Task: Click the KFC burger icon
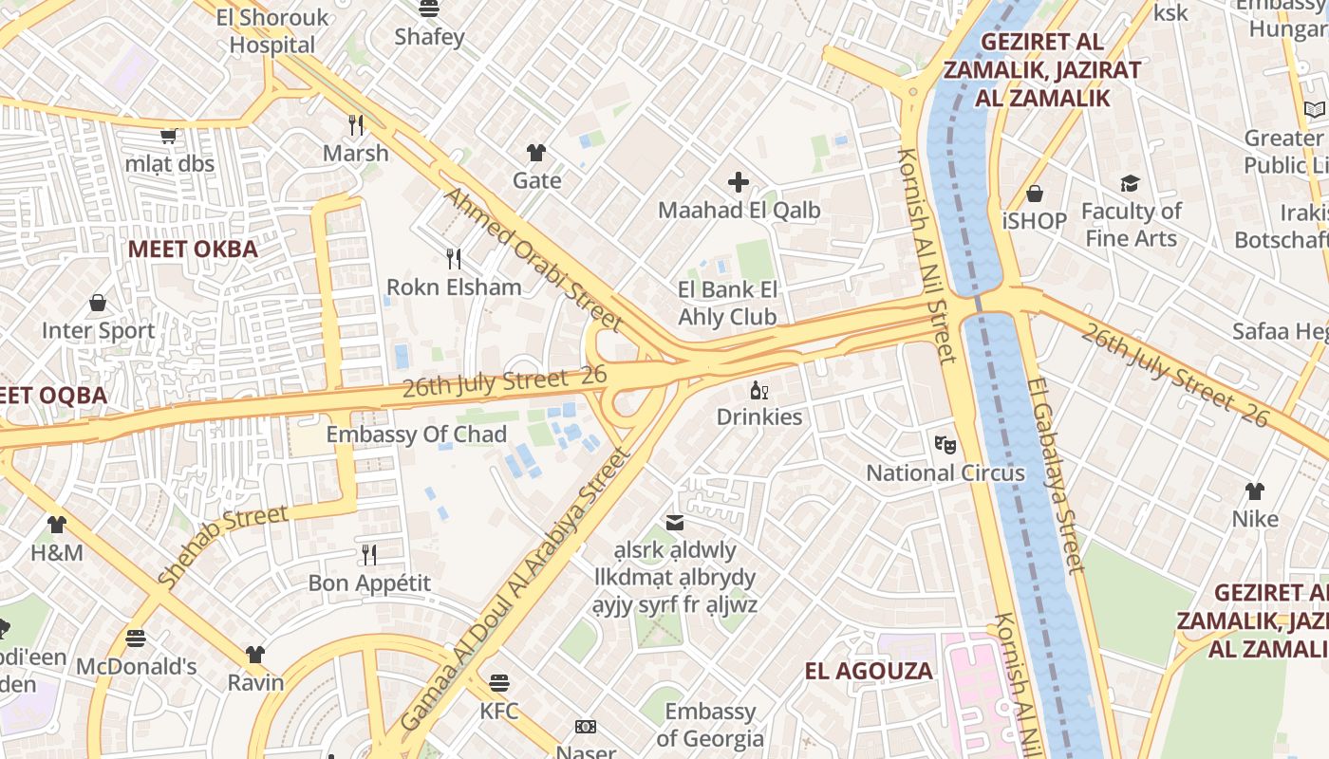(x=499, y=682)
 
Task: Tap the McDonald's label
(x=137, y=666)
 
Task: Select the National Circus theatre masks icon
(x=945, y=443)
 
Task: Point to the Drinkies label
(x=758, y=417)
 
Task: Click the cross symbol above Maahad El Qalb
(x=739, y=182)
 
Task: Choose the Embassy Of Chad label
(x=416, y=435)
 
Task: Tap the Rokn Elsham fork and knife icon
(x=454, y=258)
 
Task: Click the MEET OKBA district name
(x=193, y=250)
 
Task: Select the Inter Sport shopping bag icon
(x=98, y=303)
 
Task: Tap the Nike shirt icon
(x=1255, y=491)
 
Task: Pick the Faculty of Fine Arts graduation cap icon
(x=1130, y=183)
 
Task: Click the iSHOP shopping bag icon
(x=1035, y=194)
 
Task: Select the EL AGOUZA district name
(x=869, y=672)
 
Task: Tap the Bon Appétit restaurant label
(x=369, y=583)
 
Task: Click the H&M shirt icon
(x=57, y=524)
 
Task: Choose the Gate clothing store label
(x=536, y=180)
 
